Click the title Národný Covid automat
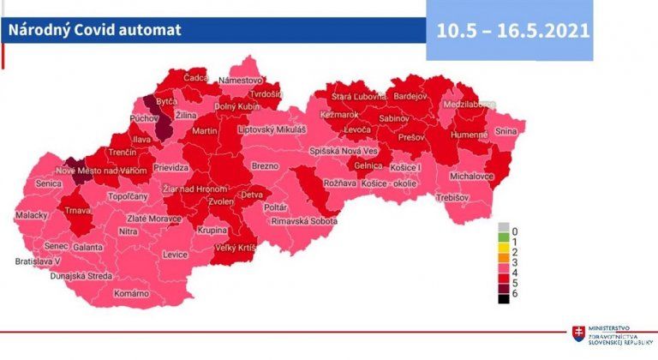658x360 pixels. point(94,30)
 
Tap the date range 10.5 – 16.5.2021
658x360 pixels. point(512,30)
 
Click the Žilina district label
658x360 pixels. point(186,115)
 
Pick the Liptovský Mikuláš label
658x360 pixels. point(272,129)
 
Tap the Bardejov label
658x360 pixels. point(410,97)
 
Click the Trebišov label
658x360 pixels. point(453,198)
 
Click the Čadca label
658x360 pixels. point(196,78)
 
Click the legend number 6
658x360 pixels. point(514,294)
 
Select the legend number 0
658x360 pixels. point(514,231)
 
